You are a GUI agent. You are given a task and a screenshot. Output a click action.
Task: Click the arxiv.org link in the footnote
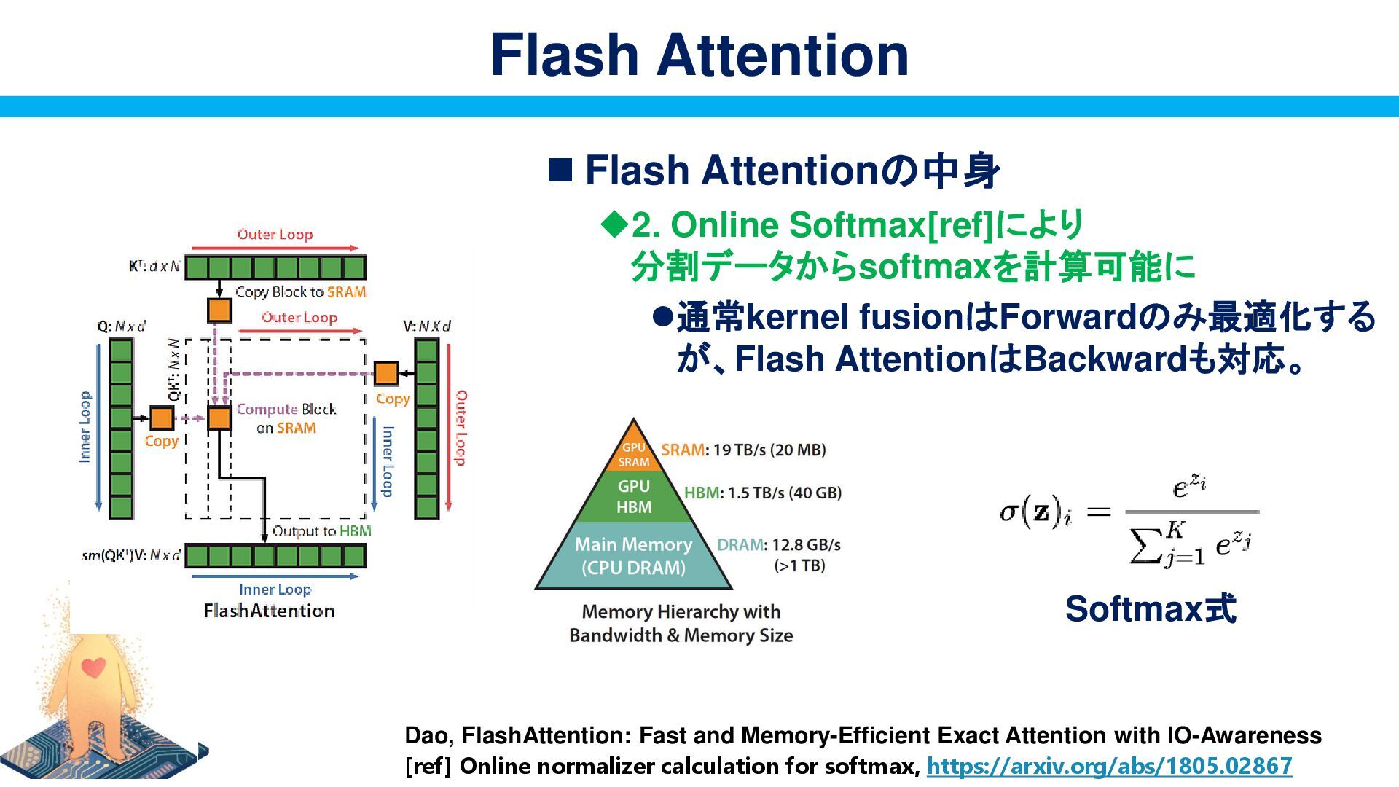[1109, 766]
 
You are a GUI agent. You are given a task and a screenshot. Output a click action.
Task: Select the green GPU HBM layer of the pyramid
[633, 496]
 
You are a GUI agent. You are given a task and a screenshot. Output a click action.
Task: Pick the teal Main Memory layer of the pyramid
[633, 556]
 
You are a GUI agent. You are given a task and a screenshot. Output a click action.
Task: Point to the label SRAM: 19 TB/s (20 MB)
[743, 450]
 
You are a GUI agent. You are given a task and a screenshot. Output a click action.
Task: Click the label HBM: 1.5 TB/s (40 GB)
[763, 493]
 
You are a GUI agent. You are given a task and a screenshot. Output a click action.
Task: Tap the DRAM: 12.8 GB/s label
[778, 545]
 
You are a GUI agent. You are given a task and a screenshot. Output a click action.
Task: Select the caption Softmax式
[1150, 609]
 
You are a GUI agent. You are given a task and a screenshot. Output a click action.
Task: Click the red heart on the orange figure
[93, 666]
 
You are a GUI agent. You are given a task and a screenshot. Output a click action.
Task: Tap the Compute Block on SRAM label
[286, 418]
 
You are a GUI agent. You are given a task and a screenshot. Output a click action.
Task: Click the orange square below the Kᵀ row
[219, 310]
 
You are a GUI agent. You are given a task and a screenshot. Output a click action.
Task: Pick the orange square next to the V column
[386, 373]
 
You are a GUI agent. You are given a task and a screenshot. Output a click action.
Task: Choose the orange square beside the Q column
[161, 418]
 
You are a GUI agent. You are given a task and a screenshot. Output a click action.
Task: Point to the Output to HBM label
[321, 531]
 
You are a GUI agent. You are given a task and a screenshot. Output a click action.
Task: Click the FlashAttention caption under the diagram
[269, 611]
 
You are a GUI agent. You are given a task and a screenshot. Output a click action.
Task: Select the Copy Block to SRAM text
[300, 292]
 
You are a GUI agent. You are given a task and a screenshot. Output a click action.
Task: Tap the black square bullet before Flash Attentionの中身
[560, 171]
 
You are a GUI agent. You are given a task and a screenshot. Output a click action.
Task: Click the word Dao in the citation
[428, 735]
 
